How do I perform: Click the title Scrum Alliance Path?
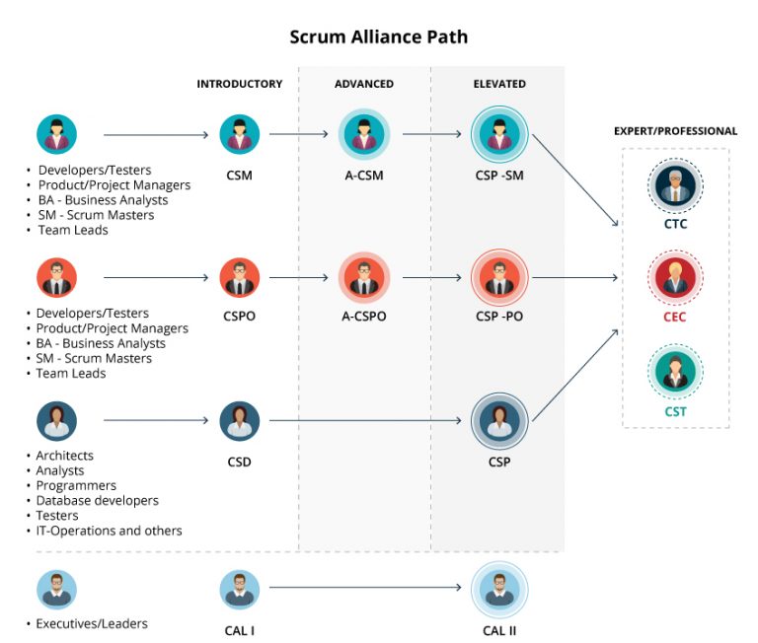378,37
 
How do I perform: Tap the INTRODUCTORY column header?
239,84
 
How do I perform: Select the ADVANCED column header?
364,84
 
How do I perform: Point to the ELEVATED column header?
499,84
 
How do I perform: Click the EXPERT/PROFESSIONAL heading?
675,131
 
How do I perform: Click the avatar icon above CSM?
239,134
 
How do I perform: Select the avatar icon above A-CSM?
364,134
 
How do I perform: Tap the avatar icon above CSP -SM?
499,134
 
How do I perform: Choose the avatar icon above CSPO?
239,278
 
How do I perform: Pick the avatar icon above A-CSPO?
364,278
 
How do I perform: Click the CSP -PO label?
499,318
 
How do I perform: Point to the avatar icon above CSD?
239,421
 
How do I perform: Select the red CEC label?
675,318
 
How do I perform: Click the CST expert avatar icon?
675,371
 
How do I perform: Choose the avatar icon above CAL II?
499,589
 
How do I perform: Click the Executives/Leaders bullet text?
92,623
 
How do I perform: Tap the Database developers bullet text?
97,501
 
